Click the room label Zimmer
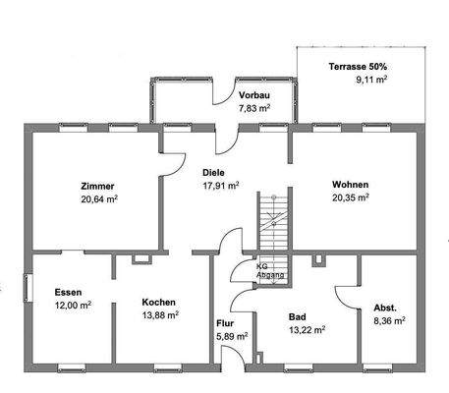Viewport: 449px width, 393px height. (98, 186)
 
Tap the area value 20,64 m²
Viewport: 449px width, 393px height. (98, 199)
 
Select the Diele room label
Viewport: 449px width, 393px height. (214, 171)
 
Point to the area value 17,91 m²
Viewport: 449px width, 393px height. (220, 184)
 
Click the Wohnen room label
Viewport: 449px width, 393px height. (351, 183)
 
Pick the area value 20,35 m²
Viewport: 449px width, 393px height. (351, 196)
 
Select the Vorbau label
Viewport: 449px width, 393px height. (253, 94)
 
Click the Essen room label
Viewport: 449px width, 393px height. (68, 292)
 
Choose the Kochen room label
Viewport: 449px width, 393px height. (158, 302)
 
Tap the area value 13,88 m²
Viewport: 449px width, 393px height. (159, 315)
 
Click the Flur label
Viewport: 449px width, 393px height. (224, 322)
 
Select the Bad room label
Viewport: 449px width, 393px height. (297, 316)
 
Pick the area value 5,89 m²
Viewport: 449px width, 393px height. (230, 335)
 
